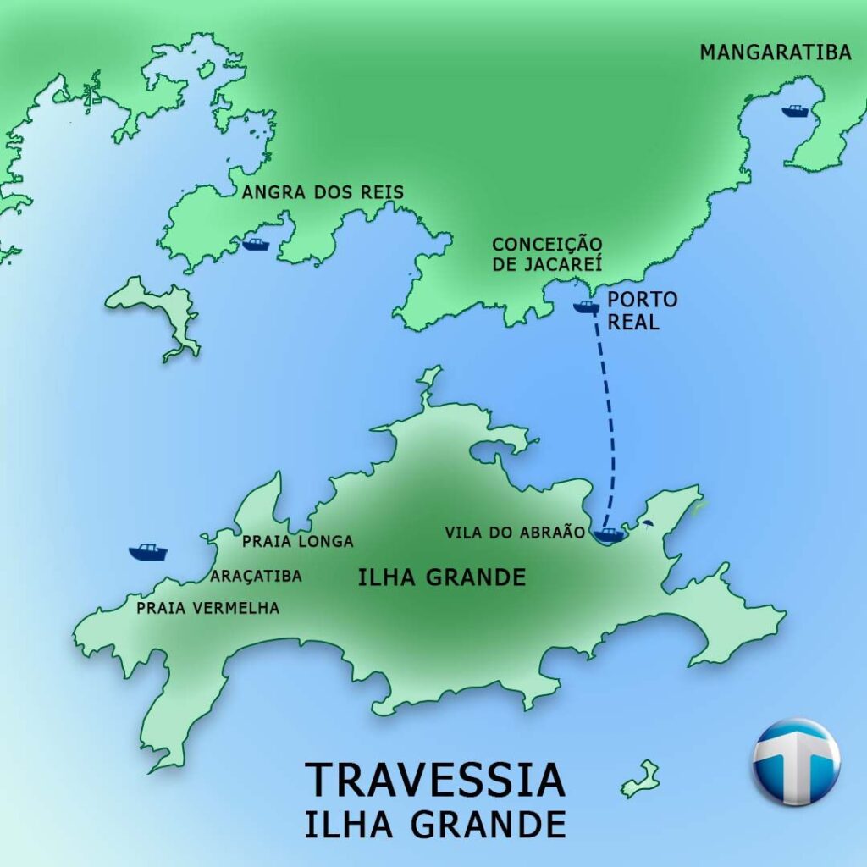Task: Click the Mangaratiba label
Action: [775, 52]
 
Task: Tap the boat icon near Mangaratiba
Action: [795, 111]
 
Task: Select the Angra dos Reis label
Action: [323, 193]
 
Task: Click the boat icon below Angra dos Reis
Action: [255, 245]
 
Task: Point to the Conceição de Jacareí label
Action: [547, 253]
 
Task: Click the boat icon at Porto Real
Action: [585, 306]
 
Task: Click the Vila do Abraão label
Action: [515, 533]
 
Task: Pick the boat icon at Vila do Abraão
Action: [609, 534]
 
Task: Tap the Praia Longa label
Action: [297, 541]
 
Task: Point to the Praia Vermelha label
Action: [207, 607]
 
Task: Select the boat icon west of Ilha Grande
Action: [148, 552]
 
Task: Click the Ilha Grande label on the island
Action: [441, 578]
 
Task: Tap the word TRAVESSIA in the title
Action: [434, 780]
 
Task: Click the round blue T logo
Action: [796, 761]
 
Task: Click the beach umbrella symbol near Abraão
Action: [647, 525]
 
